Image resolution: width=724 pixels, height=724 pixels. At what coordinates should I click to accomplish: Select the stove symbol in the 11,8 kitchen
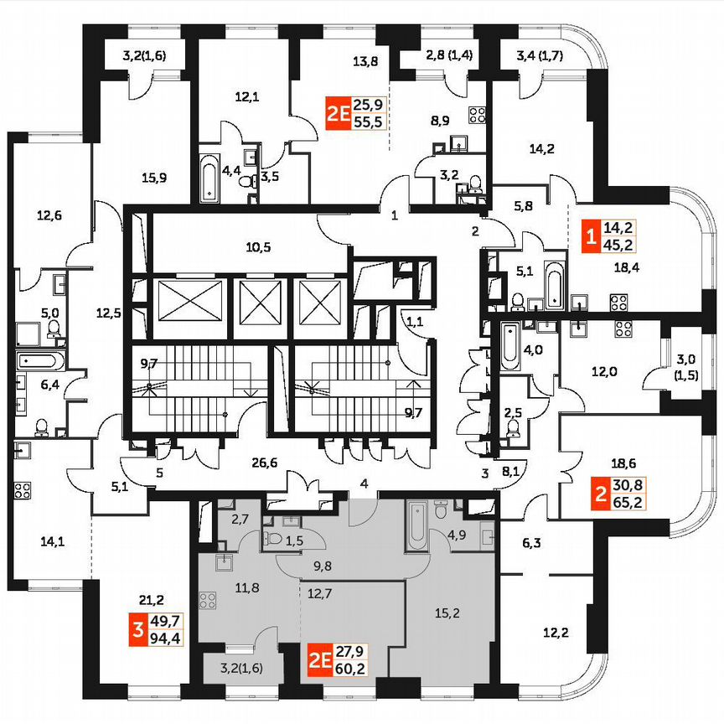(x=208, y=601)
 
